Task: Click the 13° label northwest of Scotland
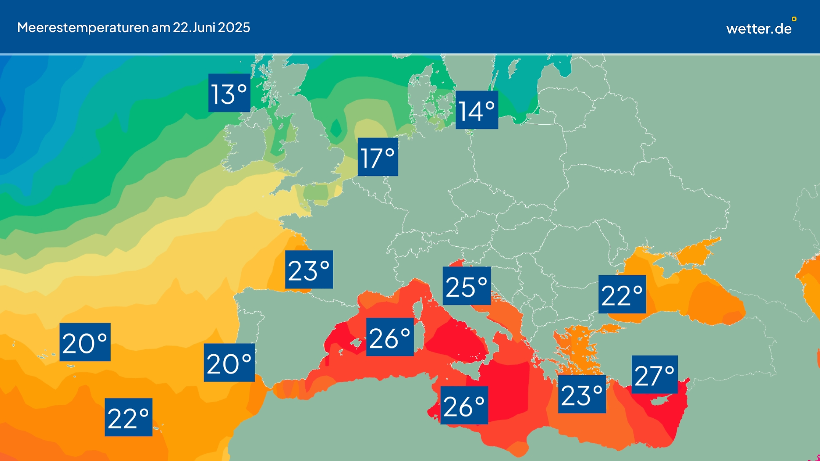pos(229,93)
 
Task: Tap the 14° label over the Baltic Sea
pos(477,110)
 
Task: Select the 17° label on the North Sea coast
pos(377,157)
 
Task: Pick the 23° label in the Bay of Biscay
pos(309,270)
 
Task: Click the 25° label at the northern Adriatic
pos(467,286)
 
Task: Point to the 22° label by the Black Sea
pos(622,294)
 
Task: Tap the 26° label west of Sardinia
pos(390,337)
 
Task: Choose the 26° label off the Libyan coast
pos(464,405)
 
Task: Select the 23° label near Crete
pos(582,394)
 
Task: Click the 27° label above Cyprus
pos(654,374)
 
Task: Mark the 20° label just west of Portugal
pos(229,363)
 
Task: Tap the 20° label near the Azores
pos(85,342)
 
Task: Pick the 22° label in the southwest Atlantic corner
pos(128,417)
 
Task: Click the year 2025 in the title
pos(234,27)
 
